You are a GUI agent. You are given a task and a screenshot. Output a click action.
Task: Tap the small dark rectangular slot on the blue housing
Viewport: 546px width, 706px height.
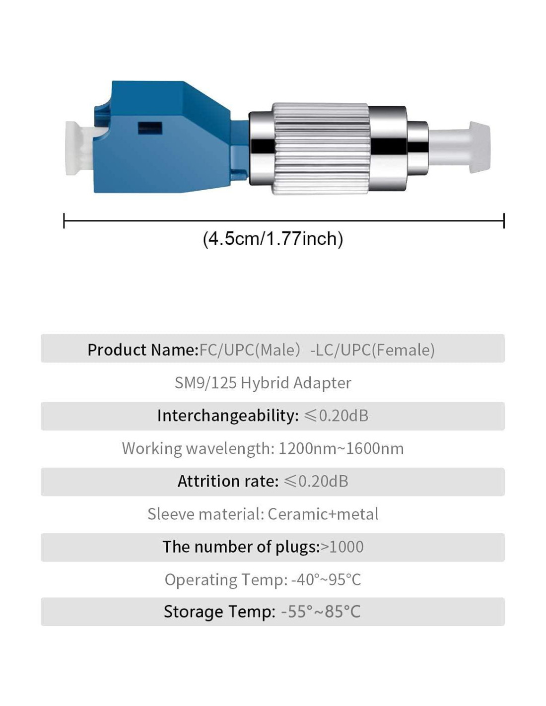point(150,128)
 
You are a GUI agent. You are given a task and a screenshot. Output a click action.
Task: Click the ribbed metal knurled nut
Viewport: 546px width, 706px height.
point(320,149)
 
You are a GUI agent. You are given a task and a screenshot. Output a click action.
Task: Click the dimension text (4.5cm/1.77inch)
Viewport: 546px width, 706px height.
point(273,239)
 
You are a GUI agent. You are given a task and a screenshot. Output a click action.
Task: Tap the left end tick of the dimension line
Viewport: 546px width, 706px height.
point(64,220)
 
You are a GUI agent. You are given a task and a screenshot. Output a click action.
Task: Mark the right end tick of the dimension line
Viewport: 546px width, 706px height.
point(504,220)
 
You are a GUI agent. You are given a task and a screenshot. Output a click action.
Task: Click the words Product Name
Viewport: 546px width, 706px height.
point(143,350)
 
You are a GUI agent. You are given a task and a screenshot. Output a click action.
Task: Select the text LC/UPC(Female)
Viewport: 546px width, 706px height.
point(373,350)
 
